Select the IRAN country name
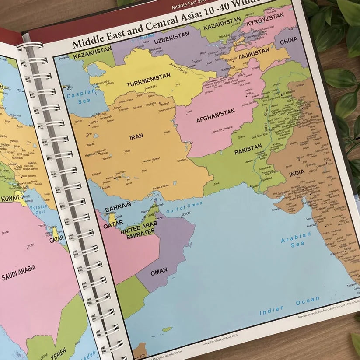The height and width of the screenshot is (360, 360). [136, 137]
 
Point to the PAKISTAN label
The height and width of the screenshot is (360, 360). [248, 151]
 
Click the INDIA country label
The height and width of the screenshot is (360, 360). [297, 174]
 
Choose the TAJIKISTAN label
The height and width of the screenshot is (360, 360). [254, 52]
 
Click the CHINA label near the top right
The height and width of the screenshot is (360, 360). [289, 40]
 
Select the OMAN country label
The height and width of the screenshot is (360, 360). [159, 271]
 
